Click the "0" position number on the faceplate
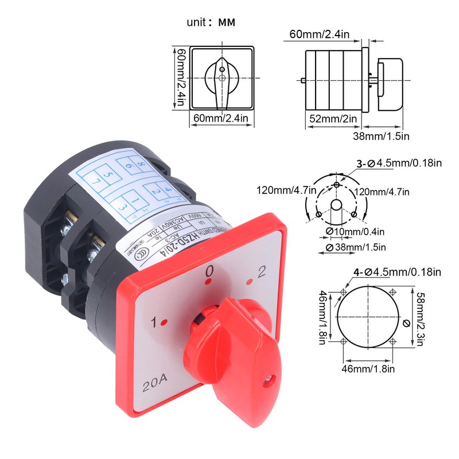tap(211, 271)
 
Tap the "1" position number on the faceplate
tap(154, 322)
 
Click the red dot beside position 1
tap(164, 323)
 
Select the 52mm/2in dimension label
tap(329, 119)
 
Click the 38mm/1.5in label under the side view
tap(380, 136)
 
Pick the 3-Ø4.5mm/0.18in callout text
tap(399, 164)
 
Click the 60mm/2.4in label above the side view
tap(319, 34)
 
